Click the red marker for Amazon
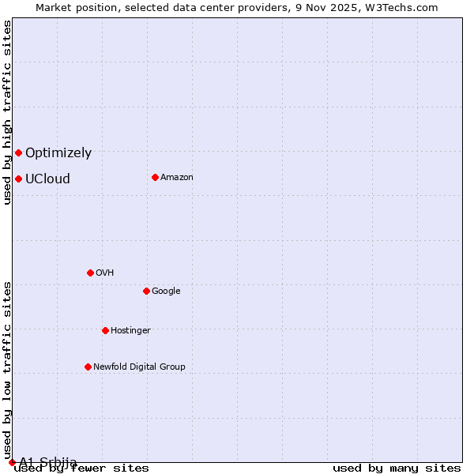(155, 177)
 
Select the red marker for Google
(146, 291)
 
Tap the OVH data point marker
(90, 273)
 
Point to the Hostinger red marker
(105, 330)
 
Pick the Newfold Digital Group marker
(88, 367)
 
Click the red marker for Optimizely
(18, 152)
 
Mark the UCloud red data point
(18, 179)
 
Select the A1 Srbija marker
(12, 462)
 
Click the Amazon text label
(177, 178)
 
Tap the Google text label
(166, 292)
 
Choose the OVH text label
(105, 273)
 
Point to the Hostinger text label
(130, 331)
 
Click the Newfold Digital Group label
(139, 367)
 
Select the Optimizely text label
(58, 153)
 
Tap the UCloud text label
(47, 179)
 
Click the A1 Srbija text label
(48, 462)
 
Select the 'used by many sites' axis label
(397, 468)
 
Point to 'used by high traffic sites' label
(8, 112)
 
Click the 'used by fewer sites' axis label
(81, 468)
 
